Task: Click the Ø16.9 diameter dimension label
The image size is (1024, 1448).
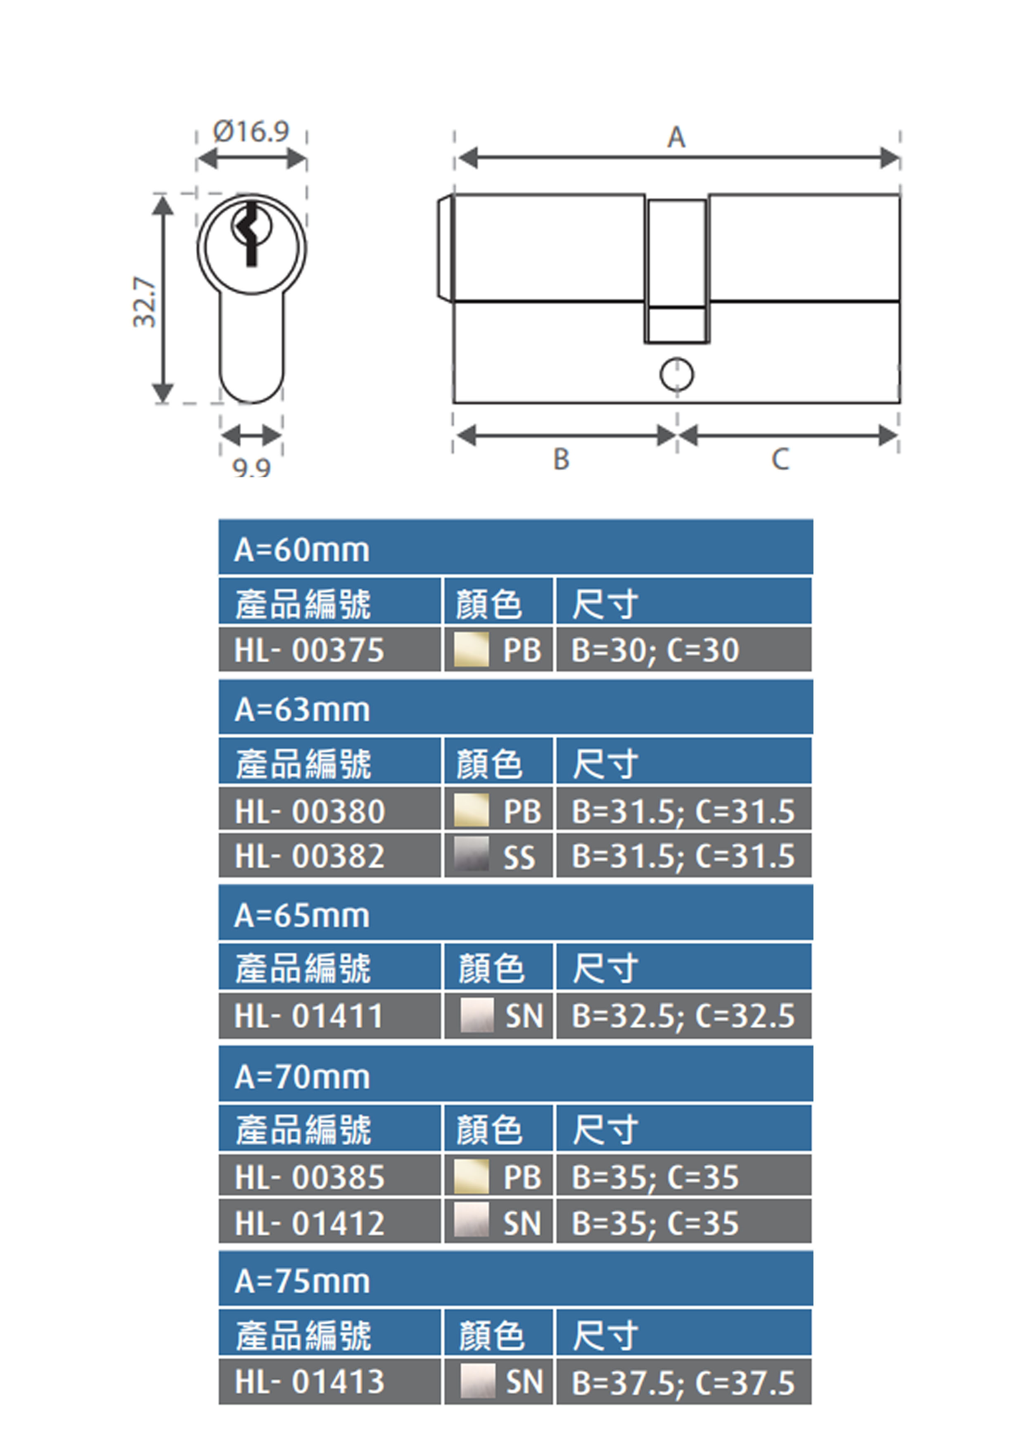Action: tap(251, 131)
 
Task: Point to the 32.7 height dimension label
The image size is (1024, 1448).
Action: tap(145, 301)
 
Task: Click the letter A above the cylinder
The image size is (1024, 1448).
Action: tap(676, 137)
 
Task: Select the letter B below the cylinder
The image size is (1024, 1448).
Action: tap(561, 459)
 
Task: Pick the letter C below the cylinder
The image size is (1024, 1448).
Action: tap(780, 459)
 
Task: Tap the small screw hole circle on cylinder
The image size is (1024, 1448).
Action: tap(676, 375)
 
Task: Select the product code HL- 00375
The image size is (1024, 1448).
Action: tap(309, 650)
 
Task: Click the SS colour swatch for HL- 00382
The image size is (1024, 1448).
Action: tap(471, 854)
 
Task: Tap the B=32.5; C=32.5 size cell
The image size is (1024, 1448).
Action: tap(683, 1016)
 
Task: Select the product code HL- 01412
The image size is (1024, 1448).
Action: tap(309, 1223)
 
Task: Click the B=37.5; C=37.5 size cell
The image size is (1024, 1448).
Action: tap(683, 1382)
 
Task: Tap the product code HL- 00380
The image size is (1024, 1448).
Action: tap(309, 811)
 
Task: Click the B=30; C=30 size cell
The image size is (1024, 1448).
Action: tap(655, 650)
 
